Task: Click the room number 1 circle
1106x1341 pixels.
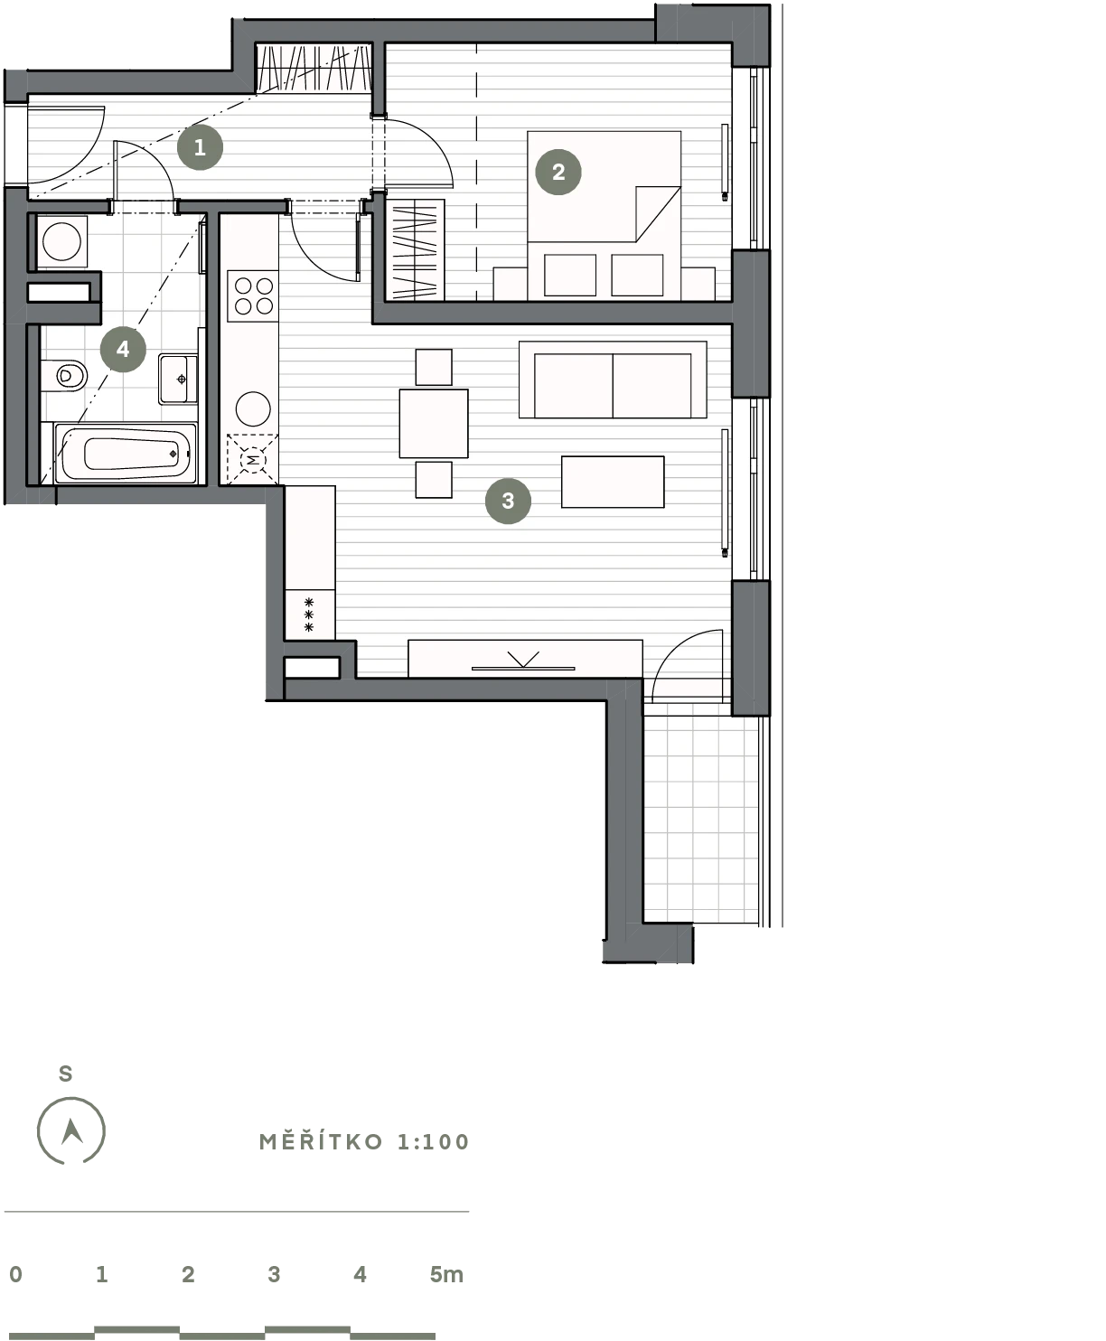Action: (x=200, y=147)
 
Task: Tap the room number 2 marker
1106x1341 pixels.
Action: (x=558, y=172)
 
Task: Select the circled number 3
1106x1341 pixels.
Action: (x=508, y=501)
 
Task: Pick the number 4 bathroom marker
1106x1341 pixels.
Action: (x=123, y=349)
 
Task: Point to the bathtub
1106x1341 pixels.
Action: (x=126, y=453)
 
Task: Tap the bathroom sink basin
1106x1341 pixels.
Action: (x=178, y=379)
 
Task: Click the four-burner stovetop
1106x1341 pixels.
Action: (x=253, y=296)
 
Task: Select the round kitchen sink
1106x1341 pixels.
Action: (x=253, y=409)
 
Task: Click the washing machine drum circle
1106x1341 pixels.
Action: (x=61, y=242)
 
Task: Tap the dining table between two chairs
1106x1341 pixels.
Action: (x=434, y=423)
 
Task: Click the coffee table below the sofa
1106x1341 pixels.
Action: (x=613, y=482)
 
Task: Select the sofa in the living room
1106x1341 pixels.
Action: (x=613, y=380)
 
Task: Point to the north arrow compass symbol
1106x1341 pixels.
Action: (x=71, y=1130)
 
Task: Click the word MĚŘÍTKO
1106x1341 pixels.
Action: (x=321, y=1141)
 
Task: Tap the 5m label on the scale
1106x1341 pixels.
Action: (x=446, y=1274)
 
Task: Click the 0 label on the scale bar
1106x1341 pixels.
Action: (x=16, y=1274)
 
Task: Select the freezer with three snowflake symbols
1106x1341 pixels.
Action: (x=310, y=614)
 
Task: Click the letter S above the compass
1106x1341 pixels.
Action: (x=66, y=1074)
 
